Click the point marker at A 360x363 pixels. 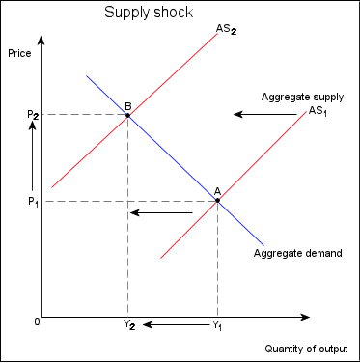[217, 201]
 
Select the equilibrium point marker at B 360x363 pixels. [127, 115]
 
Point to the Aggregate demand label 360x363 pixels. [297, 254]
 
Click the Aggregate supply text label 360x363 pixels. [302, 98]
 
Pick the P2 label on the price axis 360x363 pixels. [32, 115]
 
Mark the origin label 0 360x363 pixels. [36, 320]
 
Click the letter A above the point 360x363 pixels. [217, 191]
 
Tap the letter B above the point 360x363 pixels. [127, 105]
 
